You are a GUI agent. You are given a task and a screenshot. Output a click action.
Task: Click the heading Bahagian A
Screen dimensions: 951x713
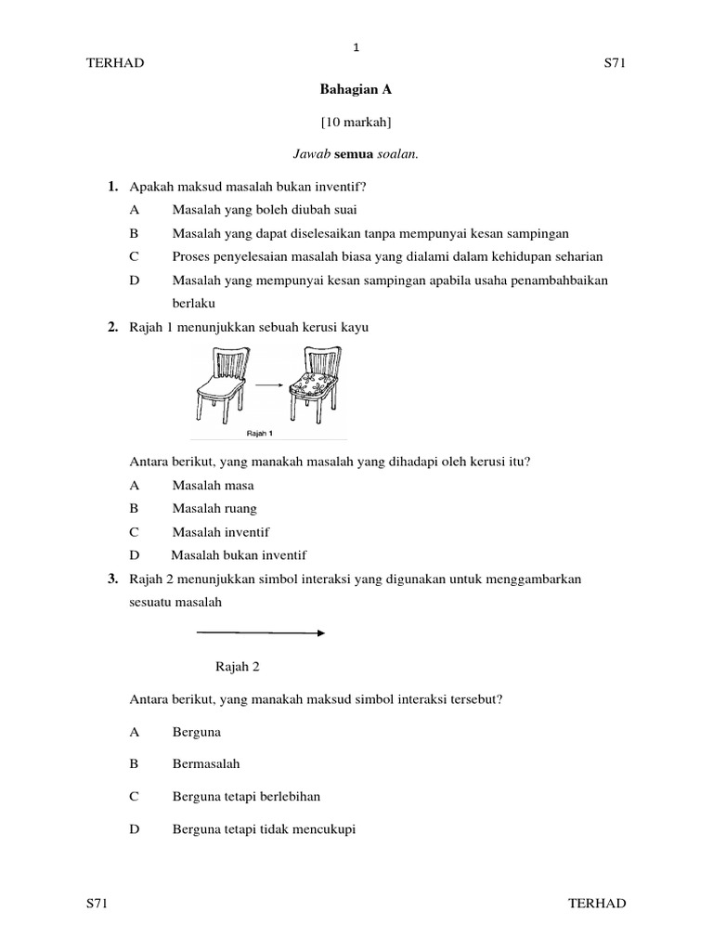point(356,90)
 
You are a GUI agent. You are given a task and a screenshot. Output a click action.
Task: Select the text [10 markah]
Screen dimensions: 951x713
point(356,122)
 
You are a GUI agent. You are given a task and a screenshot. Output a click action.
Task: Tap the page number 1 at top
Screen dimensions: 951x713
point(356,47)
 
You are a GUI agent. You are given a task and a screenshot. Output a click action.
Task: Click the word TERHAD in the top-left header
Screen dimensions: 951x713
point(115,63)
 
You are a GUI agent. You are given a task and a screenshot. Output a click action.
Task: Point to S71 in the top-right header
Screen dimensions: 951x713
point(617,63)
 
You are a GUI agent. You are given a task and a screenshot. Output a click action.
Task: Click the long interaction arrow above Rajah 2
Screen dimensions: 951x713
point(260,633)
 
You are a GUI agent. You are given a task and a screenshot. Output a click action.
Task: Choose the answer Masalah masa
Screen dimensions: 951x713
point(213,485)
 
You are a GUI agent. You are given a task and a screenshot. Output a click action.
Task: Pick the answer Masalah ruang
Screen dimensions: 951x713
point(214,508)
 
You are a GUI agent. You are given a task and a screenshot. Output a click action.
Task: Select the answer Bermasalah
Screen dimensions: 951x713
point(206,763)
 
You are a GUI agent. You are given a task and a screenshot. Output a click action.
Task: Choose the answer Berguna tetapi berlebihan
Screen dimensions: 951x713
point(246,797)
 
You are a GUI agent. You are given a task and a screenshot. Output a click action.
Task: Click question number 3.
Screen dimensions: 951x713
point(111,580)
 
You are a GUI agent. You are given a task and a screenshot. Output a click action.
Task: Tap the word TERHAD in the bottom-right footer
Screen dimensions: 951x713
point(597,903)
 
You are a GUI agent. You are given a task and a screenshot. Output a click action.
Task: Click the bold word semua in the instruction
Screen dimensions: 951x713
point(354,154)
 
